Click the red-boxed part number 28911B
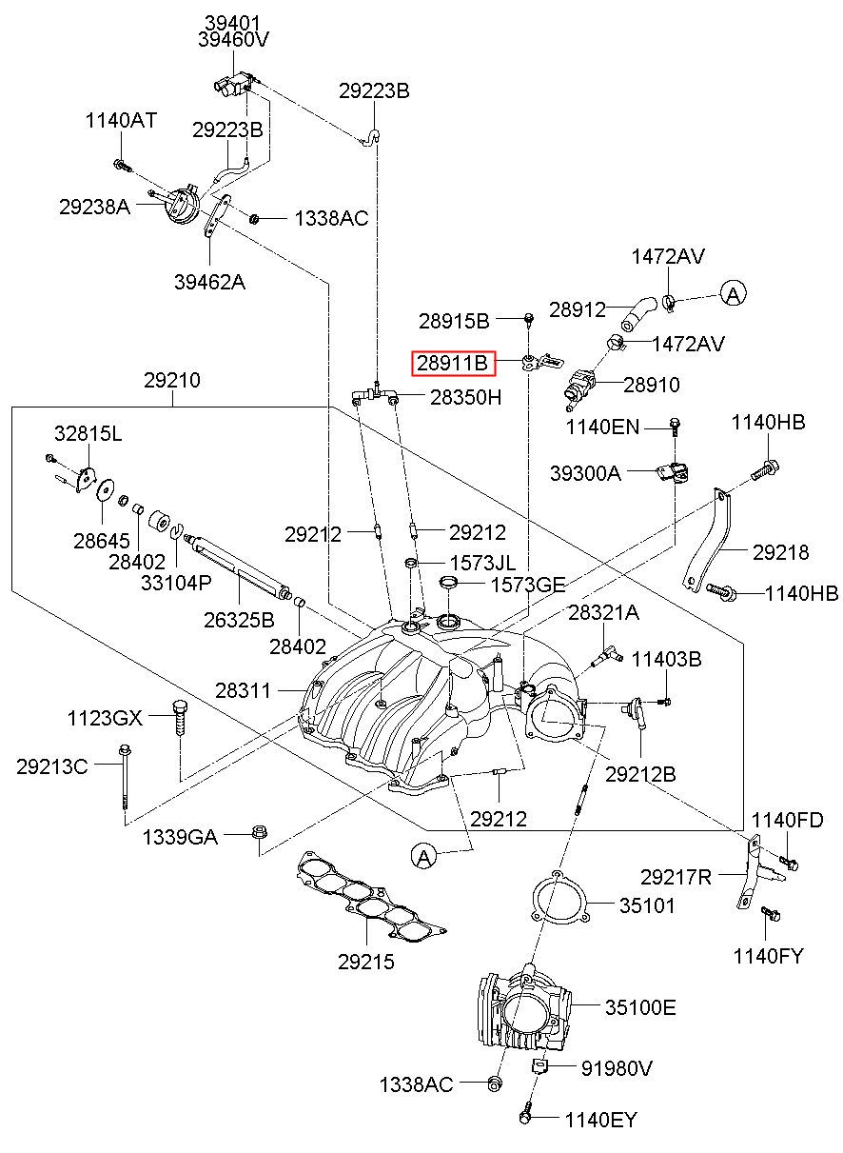pyautogui.click(x=452, y=364)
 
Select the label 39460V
pyautogui.click(x=233, y=40)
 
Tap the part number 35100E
pyautogui.click(x=639, y=1006)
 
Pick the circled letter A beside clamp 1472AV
pyautogui.click(x=733, y=293)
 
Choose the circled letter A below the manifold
pyautogui.click(x=423, y=857)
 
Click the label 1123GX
pyautogui.click(x=105, y=718)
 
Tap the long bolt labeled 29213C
pyautogui.click(x=125, y=779)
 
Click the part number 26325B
pyautogui.click(x=239, y=620)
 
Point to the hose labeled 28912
pyautogui.click(x=638, y=313)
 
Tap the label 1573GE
pyautogui.click(x=528, y=585)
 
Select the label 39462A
pyautogui.click(x=210, y=282)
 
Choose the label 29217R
pyautogui.click(x=676, y=877)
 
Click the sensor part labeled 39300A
pyautogui.click(x=673, y=472)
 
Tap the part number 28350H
pyautogui.click(x=466, y=397)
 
